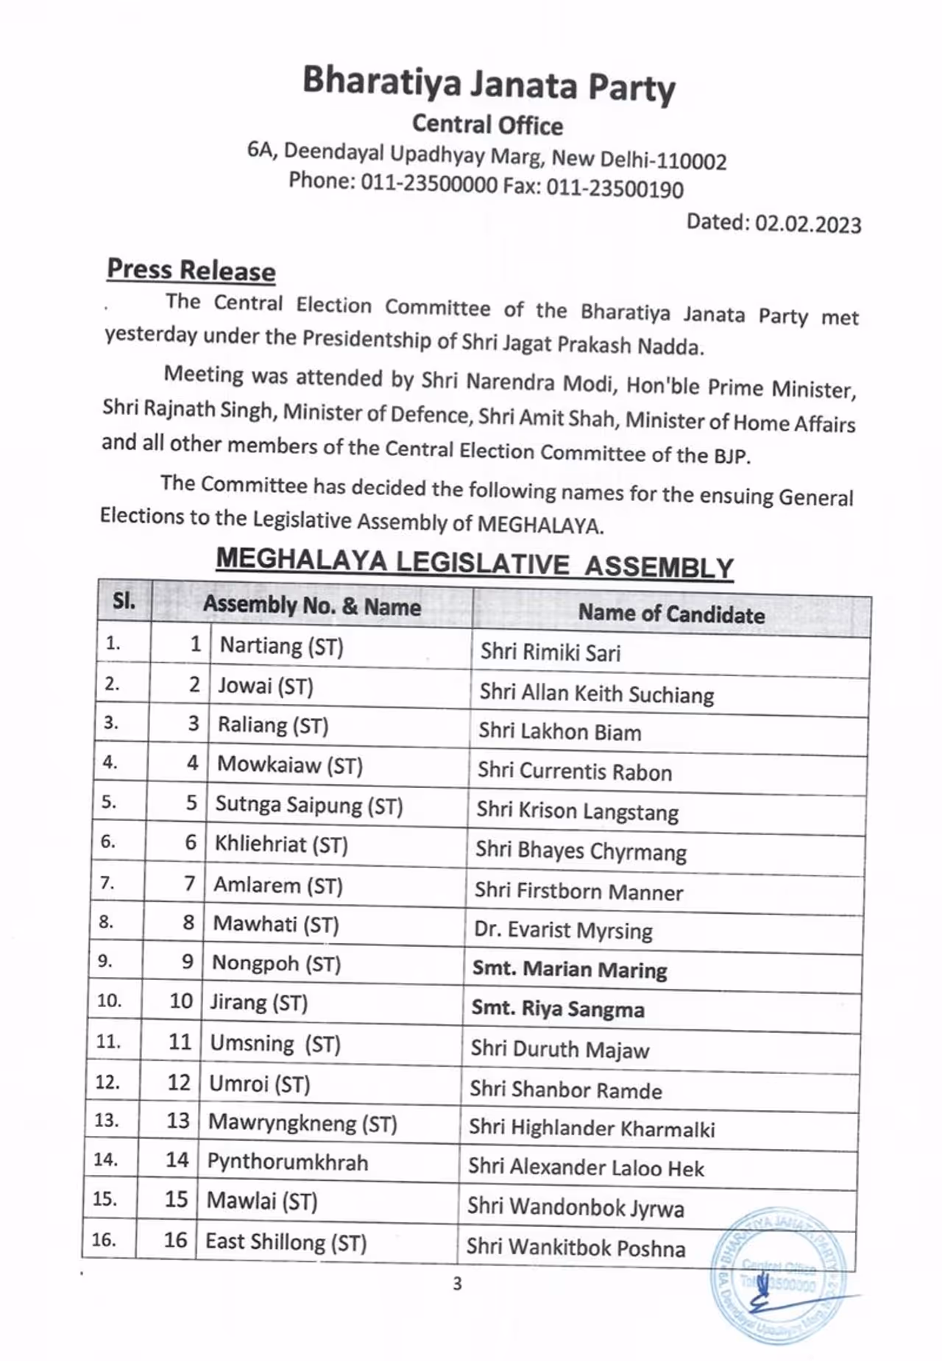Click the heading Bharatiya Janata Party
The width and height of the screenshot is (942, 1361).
489,84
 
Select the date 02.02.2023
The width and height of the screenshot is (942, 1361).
807,224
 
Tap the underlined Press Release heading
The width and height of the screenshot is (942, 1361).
191,270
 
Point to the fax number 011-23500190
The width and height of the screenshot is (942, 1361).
615,188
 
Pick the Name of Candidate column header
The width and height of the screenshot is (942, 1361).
671,614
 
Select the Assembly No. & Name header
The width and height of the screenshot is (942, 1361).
312,606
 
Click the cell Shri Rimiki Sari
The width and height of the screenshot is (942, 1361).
550,653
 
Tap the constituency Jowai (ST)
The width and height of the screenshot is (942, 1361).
266,686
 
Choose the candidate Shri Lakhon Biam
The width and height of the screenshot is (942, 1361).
560,732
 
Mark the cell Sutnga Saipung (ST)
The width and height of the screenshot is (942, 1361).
309,805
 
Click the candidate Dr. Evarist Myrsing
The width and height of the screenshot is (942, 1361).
563,931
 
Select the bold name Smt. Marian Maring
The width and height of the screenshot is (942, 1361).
570,970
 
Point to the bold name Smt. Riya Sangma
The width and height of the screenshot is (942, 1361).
558,1009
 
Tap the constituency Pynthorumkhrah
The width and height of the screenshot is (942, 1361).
288,1162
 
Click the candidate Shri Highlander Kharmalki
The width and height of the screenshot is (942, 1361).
592,1129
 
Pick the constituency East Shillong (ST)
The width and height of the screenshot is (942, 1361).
286,1242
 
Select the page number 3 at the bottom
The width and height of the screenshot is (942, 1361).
457,1284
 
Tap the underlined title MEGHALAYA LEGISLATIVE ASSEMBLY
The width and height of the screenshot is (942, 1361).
475,564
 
